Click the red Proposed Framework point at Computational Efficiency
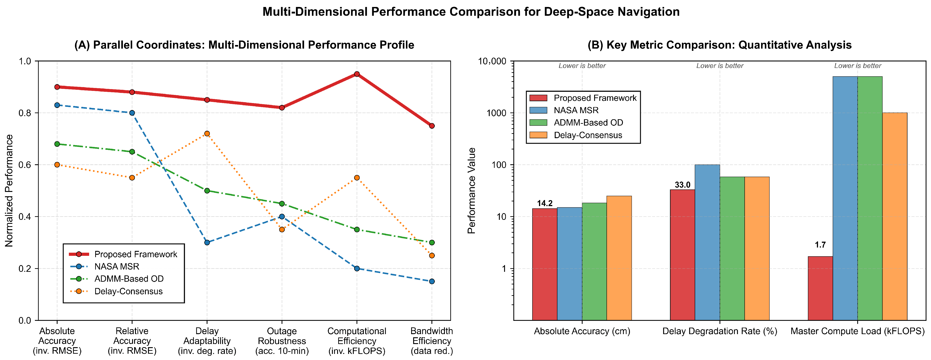pyautogui.click(x=357, y=74)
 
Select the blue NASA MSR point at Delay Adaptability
pyautogui.click(x=207, y=243)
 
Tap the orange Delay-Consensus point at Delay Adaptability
pyautogui.click(x=207, y=134)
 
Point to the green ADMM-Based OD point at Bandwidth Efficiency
pyautogui.click(x=432, y=243)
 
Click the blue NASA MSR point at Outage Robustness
pyautogui.click(x=282, y=216)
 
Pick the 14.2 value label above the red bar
pyautogui.click(x=545, y=203)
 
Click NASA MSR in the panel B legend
pyautogui.click(x=576, y=110)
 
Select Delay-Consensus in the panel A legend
pyautogui.click(x=128, y=291)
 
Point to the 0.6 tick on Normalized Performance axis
pyautogui.click(x=25, y=165)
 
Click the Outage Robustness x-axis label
pyautogui.click(x=282, y=341)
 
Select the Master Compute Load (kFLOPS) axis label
pyautogui.click(x=857, y=331)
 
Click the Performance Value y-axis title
pyautogui.click(x=472, y=191)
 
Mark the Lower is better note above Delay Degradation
pyautogui.click(x=720, y=66)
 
